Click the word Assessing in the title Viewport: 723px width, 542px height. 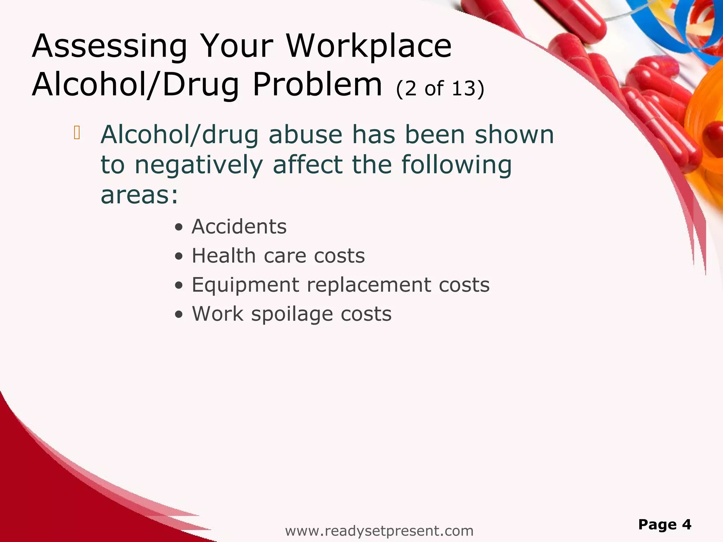click(109, 47)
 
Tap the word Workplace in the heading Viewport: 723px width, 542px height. click(369, 47)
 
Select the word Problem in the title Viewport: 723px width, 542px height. click(317, 85)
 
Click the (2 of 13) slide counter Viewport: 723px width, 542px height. click(440, 88)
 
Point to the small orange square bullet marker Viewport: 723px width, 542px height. click(77, 133)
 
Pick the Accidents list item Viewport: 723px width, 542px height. click(239, 227)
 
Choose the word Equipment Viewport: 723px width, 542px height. click(245, 285)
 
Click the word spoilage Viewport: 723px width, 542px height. click(292, 314)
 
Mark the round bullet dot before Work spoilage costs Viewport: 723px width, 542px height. click(179, 314)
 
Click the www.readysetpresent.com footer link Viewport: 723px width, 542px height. click(379, 531)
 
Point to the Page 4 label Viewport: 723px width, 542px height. click(664, 524)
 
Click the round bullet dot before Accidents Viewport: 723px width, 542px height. click(179, 227)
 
